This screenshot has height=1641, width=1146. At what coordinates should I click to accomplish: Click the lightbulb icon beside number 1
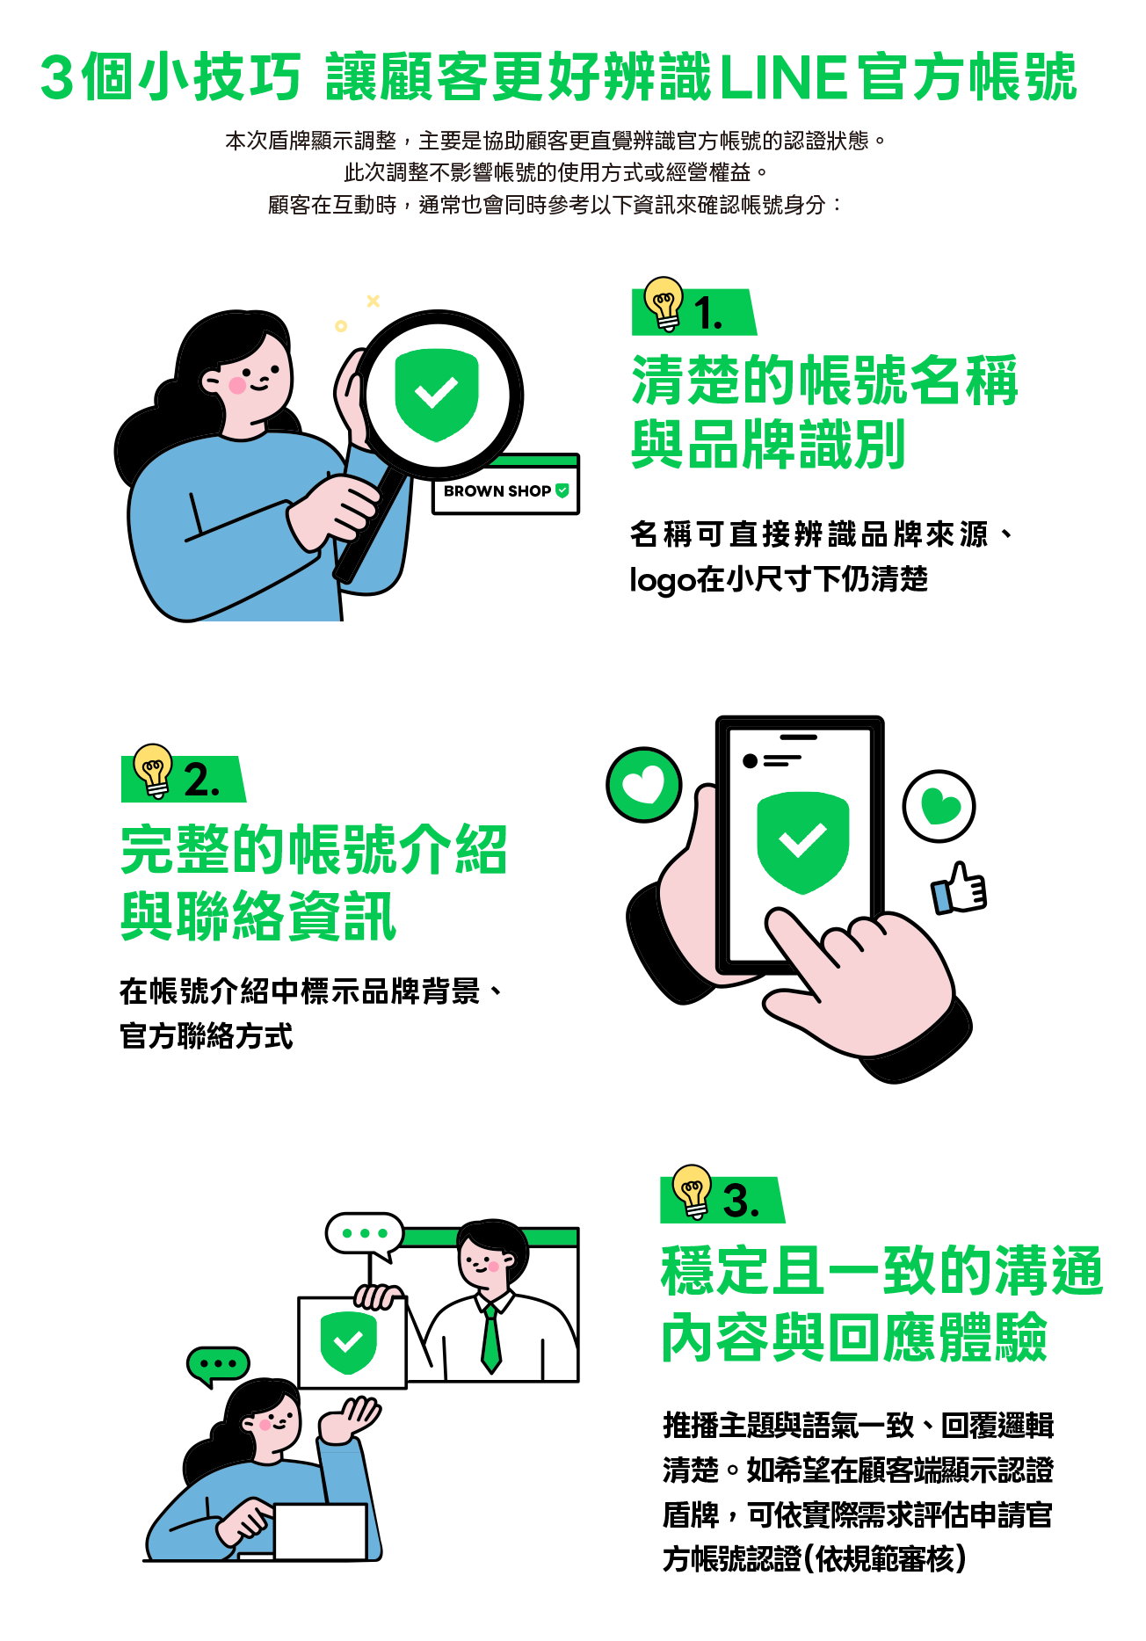coord(664,303)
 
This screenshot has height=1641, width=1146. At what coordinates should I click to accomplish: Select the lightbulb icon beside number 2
coord(153,770)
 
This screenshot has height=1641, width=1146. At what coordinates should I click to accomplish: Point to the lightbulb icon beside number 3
coord(693,1191)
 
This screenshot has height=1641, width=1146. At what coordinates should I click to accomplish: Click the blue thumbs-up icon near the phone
coord(960,889)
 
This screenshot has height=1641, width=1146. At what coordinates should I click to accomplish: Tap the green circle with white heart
coord(644,784)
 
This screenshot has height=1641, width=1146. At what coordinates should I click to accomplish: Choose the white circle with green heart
coord(939,806)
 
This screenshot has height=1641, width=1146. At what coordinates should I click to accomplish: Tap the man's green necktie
coord(490,1336)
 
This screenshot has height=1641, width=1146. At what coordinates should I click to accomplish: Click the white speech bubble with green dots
coord(365,1233)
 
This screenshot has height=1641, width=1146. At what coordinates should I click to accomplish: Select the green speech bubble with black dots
coord(218,1364)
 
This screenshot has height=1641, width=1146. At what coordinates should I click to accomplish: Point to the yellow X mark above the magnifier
coord(374,301)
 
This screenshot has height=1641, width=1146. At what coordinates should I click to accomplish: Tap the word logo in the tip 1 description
coord(662,580)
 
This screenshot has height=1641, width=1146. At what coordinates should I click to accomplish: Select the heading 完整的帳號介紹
coord(314,850)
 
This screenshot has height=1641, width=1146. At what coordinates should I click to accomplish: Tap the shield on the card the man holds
coord(349,1342)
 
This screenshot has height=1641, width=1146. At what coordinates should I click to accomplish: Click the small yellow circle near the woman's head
coord(341,326)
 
